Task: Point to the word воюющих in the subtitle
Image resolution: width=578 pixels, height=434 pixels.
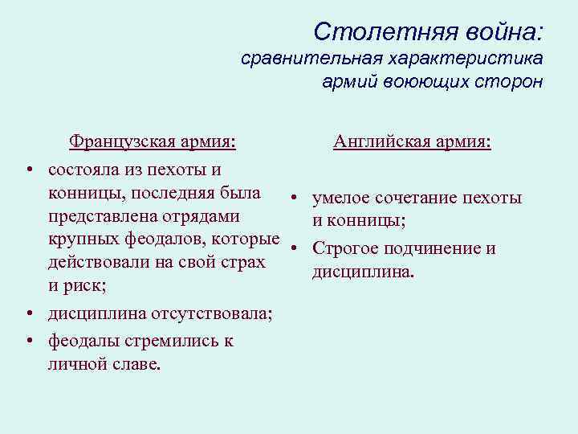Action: [417, 82]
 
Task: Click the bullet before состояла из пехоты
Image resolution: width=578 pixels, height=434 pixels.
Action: [28, 171]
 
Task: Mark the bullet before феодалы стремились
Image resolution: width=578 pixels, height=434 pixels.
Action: [28, 342]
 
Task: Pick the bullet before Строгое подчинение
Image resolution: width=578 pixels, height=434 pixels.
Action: [295, 248]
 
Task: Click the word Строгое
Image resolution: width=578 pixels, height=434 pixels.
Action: [344, 248]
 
